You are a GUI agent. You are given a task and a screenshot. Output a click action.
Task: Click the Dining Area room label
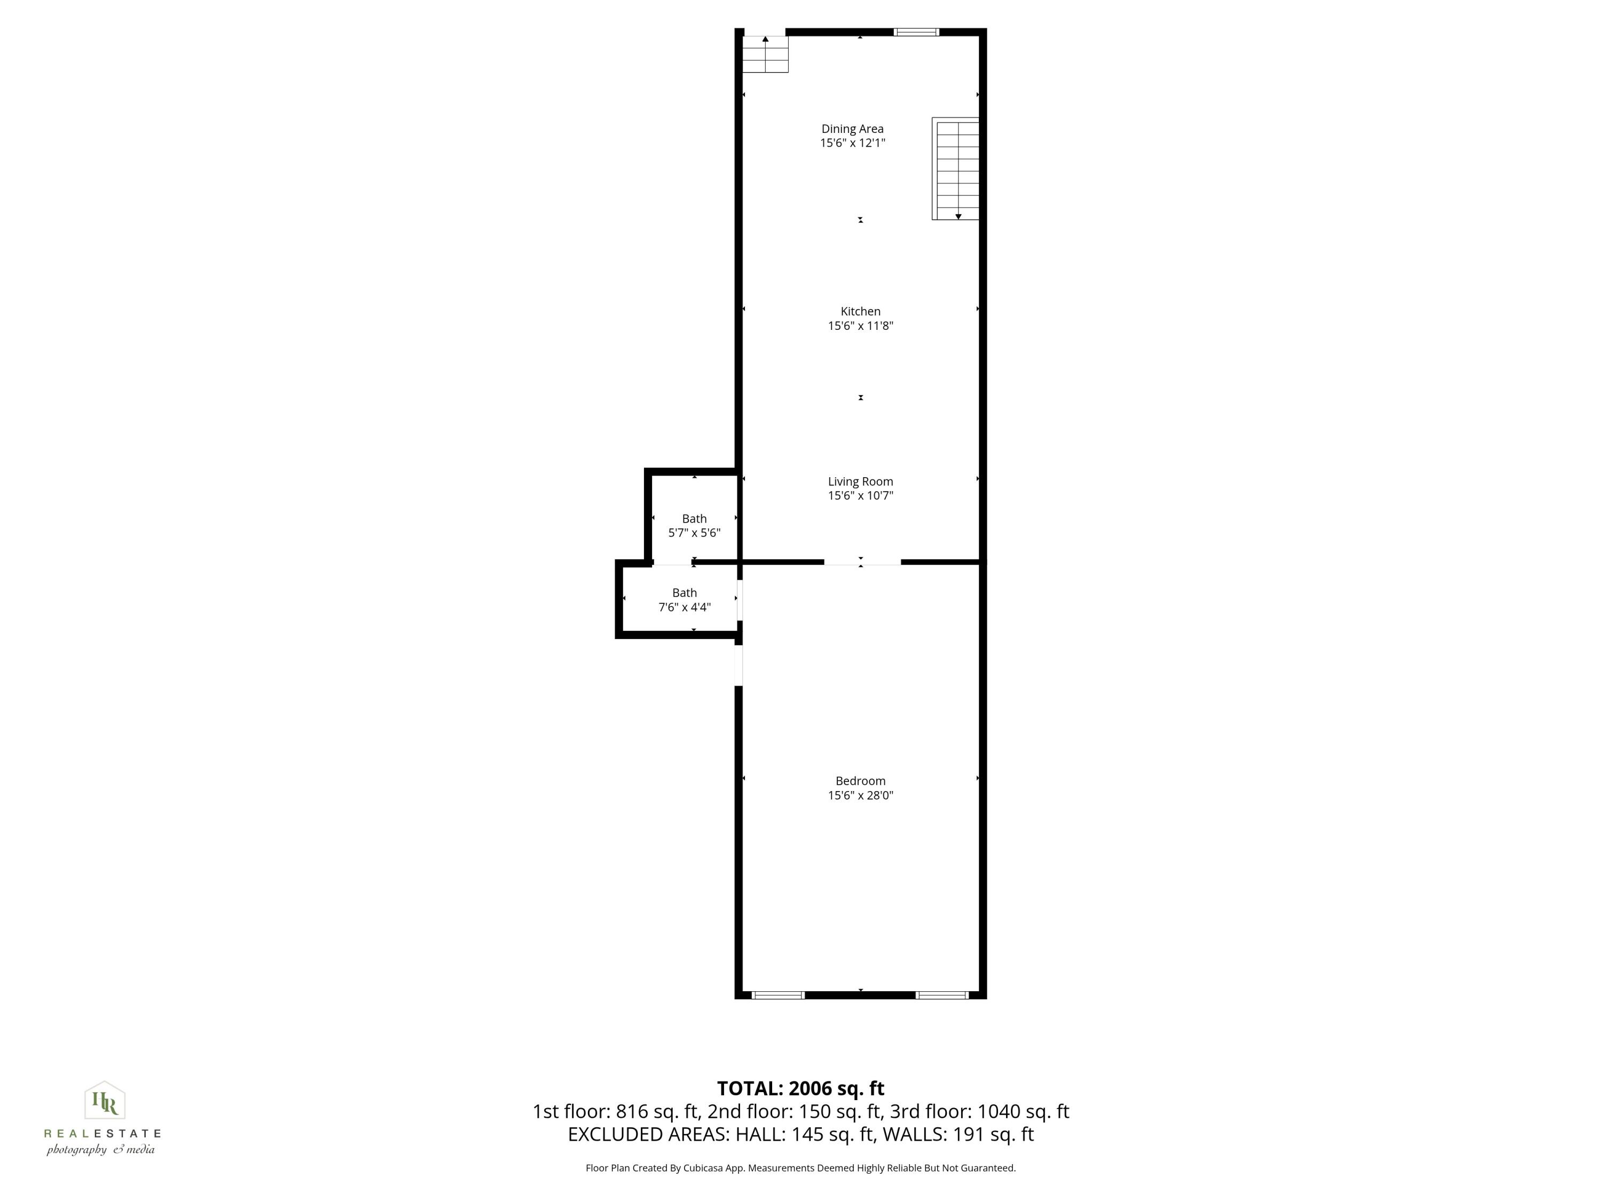click(x=852, y=129)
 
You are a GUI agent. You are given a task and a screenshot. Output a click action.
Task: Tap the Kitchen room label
click(x=860, y=311)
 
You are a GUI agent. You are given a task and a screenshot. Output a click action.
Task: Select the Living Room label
click(x=860, y=481)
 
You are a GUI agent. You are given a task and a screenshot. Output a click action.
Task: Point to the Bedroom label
click(x=860, y=781)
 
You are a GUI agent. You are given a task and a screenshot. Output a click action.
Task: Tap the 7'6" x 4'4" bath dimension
click(x=685, y=607)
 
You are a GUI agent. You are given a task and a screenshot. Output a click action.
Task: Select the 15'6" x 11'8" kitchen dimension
click(x=860, y=326)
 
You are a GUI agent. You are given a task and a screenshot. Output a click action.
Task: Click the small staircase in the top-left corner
click(x=766, y=54)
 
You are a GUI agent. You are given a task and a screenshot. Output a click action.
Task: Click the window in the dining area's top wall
click(x=916, y=32)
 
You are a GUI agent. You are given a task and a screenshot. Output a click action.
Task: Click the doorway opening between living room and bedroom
click(x=862, y=562)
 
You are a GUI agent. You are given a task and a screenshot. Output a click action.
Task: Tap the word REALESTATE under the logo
click(x=102, y=1134)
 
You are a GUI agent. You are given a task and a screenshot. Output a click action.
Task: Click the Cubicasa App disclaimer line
click(x=800, y=1168)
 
